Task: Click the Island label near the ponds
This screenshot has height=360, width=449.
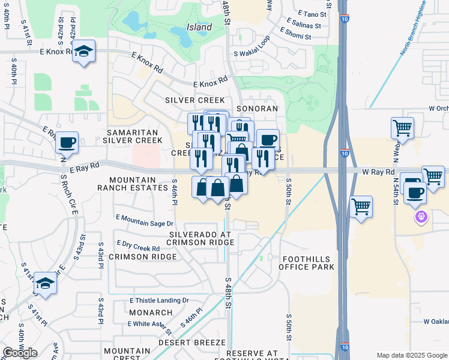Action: [x=199, y=27]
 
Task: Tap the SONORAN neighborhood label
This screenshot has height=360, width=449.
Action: [x=258, y=109]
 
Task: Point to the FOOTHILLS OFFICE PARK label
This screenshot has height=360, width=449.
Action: [x=307, y=263]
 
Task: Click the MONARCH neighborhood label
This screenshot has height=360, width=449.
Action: [x=151, y=313]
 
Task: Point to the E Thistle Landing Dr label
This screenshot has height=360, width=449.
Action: [x=159, y=301]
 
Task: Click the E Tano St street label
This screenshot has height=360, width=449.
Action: [x=312, y=14]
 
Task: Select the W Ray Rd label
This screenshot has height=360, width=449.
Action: [x=378, y=172]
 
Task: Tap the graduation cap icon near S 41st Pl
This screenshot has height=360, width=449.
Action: [x=45, y=283]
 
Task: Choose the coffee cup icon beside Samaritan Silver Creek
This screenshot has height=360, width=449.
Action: [x=67, y=143]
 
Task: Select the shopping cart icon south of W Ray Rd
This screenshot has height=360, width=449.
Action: [x=361, y=207]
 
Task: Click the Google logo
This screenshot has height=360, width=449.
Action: [x=20, y=353]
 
